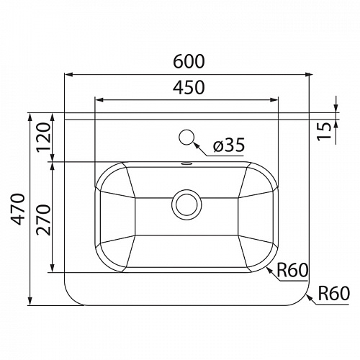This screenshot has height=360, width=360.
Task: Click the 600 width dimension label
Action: pos(189,61)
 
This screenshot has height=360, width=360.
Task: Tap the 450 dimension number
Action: pos(189,87)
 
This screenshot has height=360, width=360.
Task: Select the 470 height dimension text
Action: pos(17,209)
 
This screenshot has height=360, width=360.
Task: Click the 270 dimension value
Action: pos(44,220)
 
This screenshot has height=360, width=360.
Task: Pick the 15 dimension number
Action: pos(324,132)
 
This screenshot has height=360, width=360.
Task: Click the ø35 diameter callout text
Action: pos(229,145)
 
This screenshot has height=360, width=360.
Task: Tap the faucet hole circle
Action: pos(186,137)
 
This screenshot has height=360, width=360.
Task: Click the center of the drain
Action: pos(186,204)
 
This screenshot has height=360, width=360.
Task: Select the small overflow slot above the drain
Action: pos(186,164)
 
